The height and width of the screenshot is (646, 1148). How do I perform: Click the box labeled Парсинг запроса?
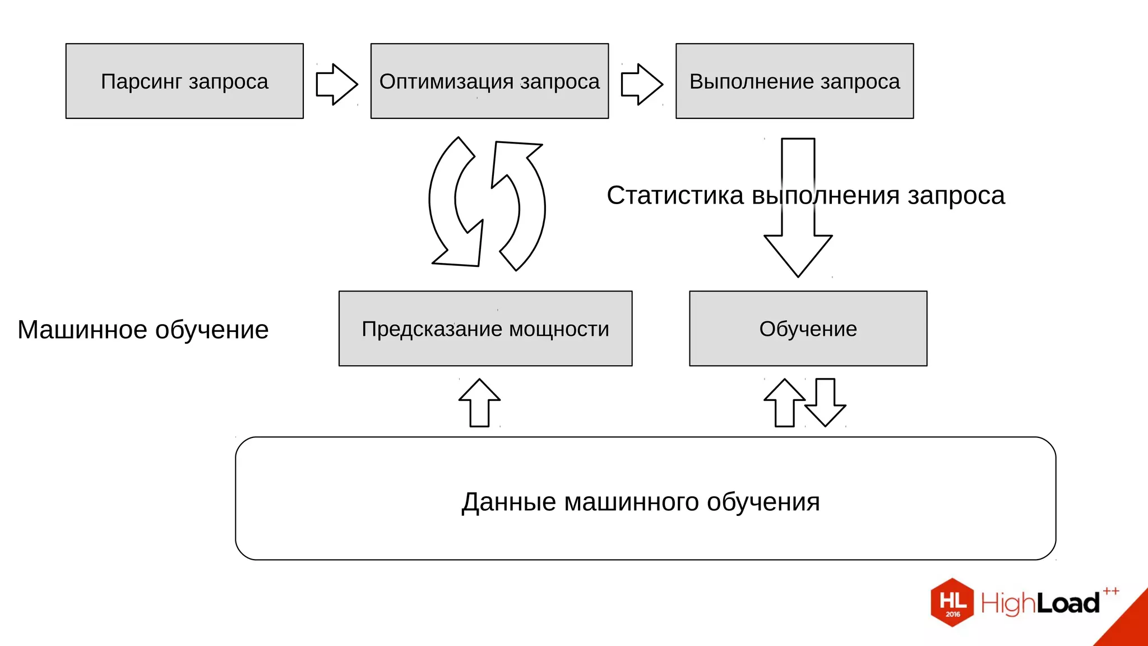(184, 81)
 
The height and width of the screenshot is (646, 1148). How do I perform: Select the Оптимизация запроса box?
(489, 81)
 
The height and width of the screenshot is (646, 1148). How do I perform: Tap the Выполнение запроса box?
(794, 81)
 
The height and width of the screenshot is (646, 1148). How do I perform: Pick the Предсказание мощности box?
(485, 329)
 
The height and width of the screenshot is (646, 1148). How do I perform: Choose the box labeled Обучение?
(808, 329)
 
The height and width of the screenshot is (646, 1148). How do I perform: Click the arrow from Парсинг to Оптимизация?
(336, 84)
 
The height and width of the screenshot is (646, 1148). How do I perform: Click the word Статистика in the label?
(675, 195)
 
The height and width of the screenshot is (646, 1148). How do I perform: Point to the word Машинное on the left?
(82, 330)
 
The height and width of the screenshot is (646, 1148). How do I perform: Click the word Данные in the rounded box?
(508, 502)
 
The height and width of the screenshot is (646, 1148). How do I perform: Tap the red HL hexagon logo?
(952, 602)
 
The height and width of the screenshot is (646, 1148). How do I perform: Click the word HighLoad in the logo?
(1040, 603)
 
